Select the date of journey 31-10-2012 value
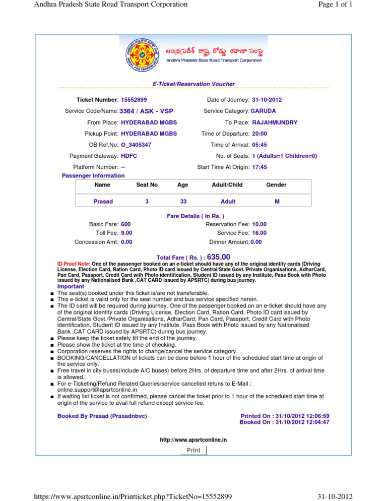tap(269, 100)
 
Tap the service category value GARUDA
tap(263, 111)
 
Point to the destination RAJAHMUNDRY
tap(275, 122)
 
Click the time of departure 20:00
tap(260, 134)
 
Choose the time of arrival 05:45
tap(260, 145)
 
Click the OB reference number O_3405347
tap(137, 145)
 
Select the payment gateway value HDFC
tap(129, 156)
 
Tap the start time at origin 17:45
tap(260, 167)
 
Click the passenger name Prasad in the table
tap(103, 201)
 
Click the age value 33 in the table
tap(183, 201)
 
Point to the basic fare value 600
tap(126, 224)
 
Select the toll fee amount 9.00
tap(127, 233)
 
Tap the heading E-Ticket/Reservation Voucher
tap(193, 84)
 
